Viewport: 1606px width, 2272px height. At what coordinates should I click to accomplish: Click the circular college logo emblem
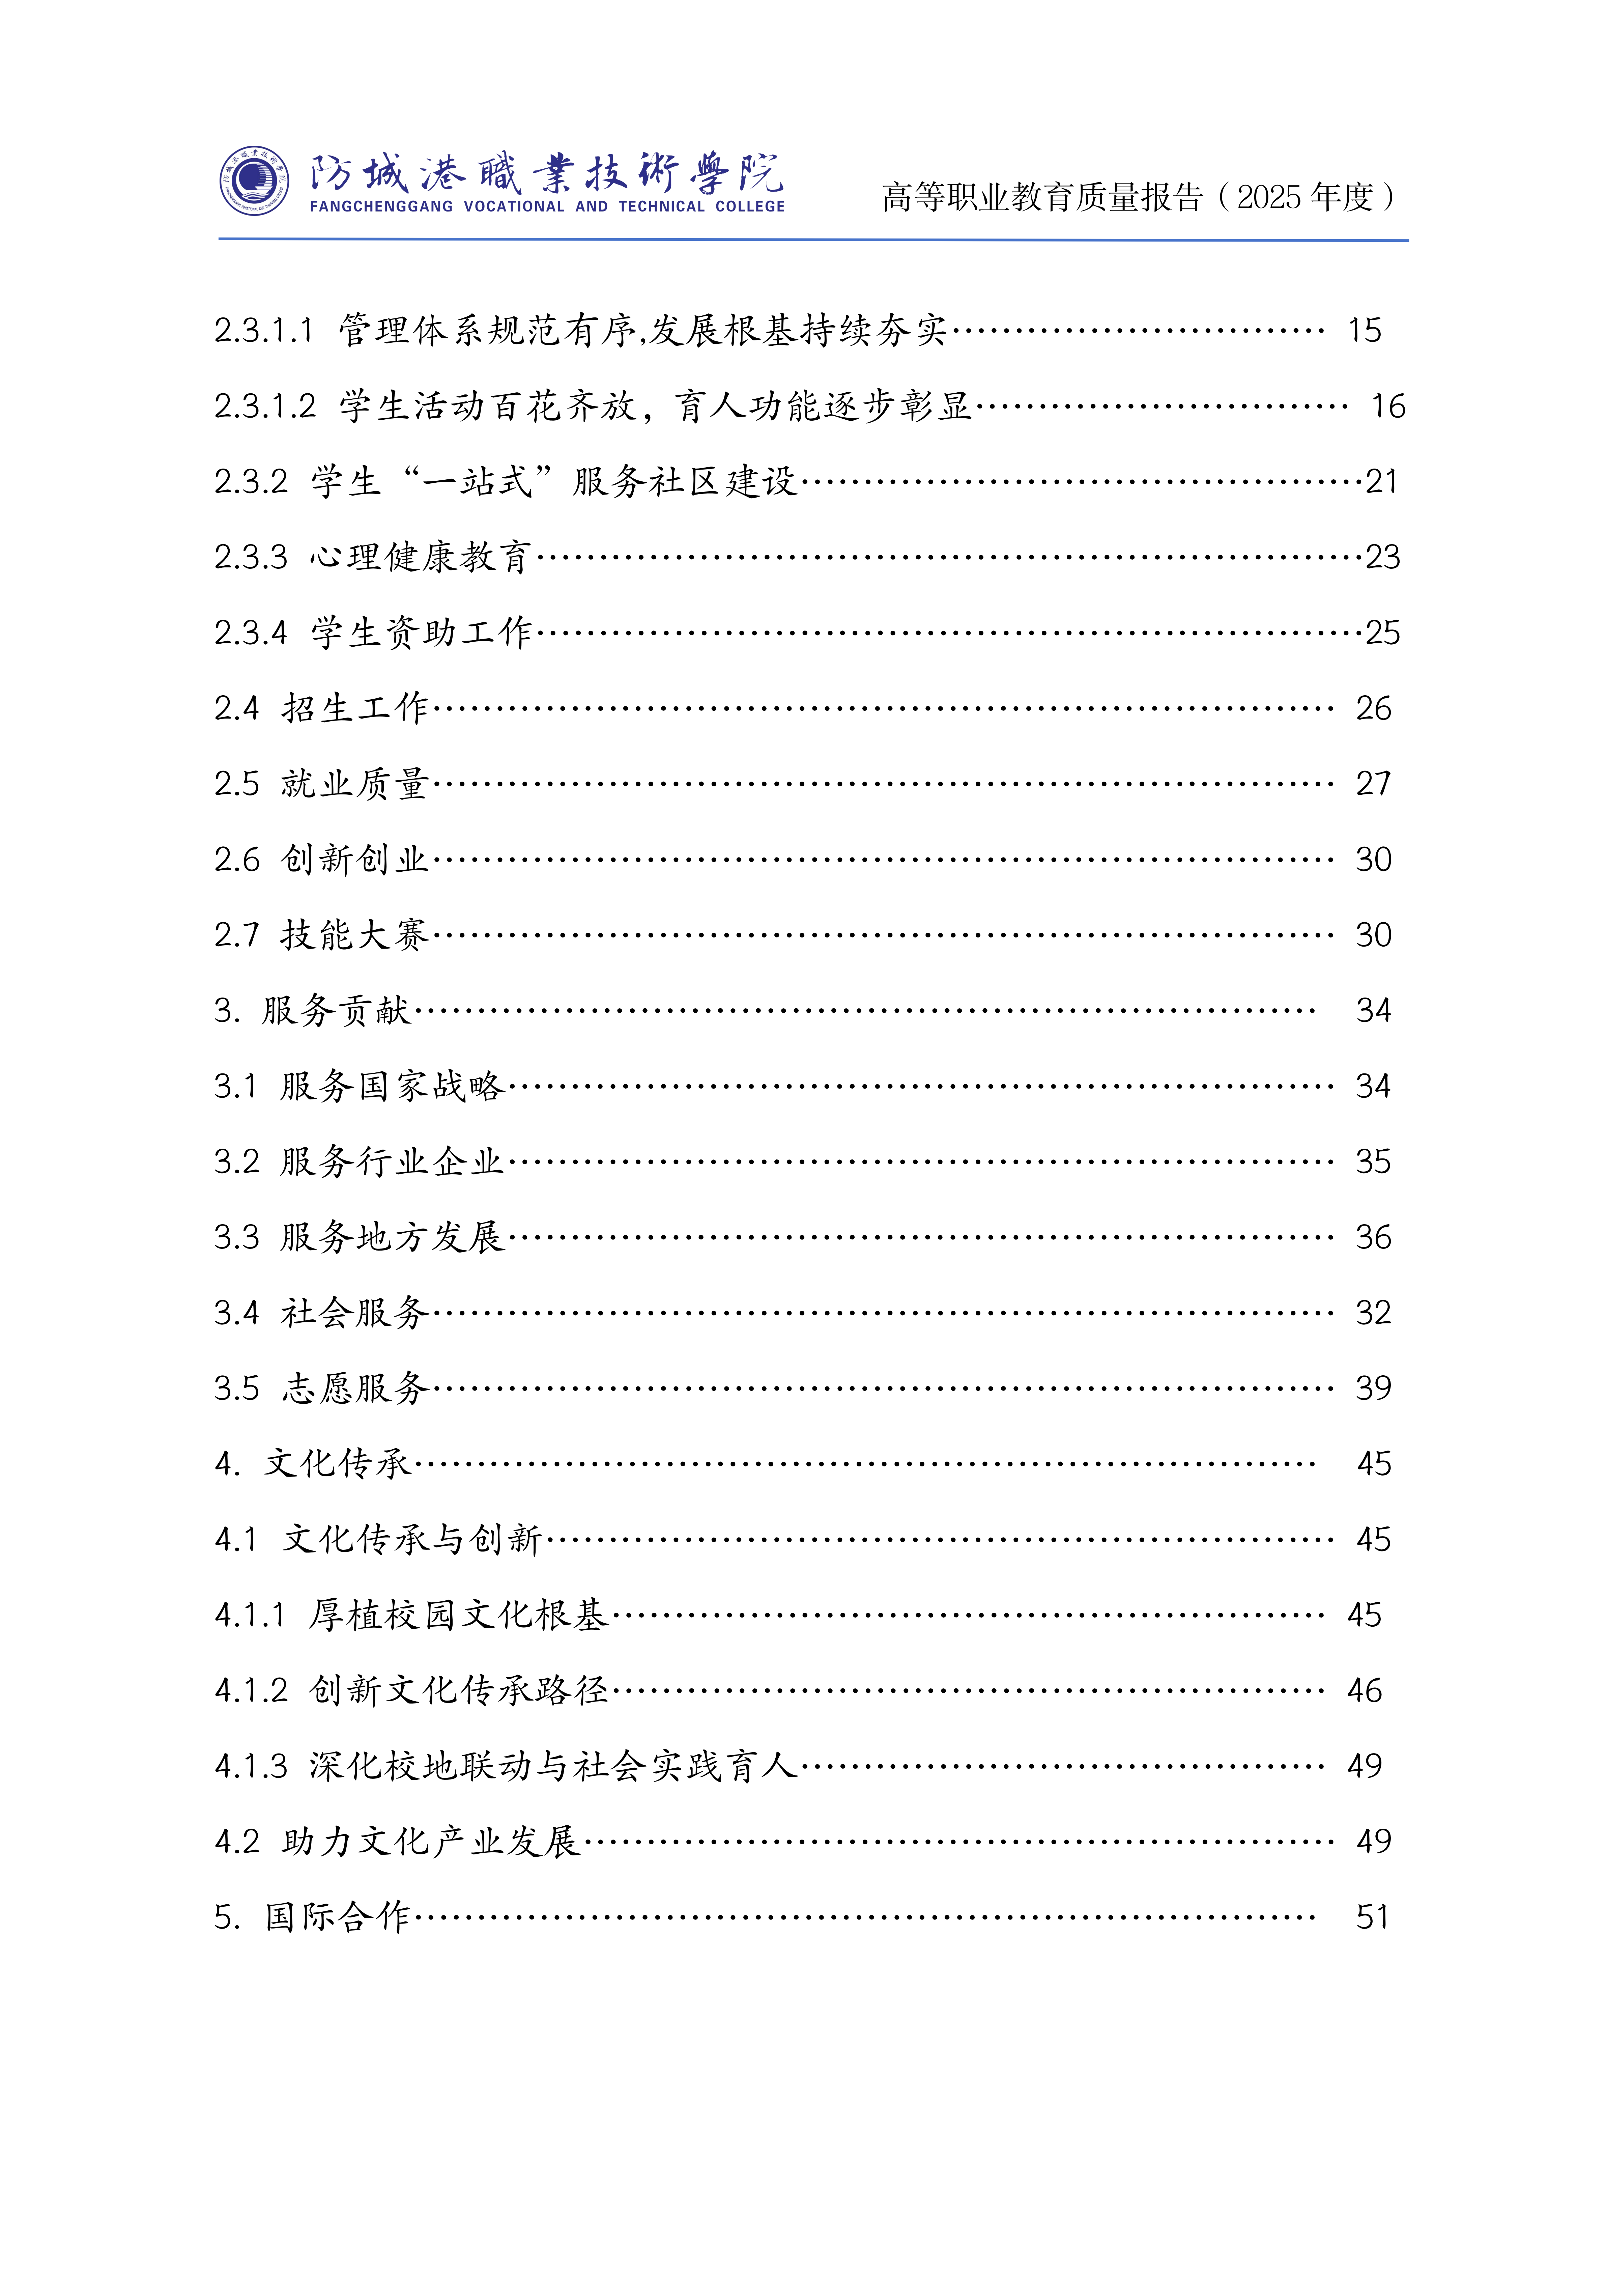click(x=254, y=181)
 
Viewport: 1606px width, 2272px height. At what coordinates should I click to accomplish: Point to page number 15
click(x=1365, y=331)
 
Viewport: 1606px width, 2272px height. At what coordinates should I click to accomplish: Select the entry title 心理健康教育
click(x=421, y=557)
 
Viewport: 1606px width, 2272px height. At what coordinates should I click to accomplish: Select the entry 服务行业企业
click(x=392, y=1162)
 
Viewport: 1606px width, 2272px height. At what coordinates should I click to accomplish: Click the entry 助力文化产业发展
click(x=430, y=1842)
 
